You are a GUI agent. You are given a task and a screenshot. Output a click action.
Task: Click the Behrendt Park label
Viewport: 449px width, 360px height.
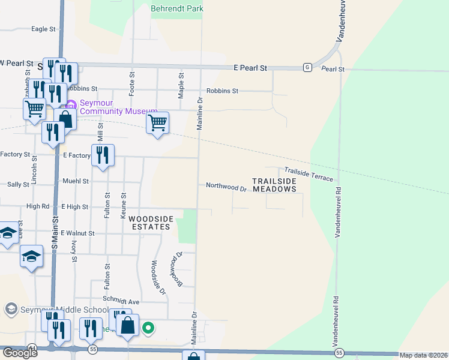coord(177,8)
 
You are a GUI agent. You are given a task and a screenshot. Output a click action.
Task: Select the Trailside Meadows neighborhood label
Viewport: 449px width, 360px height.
coord(274,185)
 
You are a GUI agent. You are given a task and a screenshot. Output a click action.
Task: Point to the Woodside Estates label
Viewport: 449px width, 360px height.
coord(151,223)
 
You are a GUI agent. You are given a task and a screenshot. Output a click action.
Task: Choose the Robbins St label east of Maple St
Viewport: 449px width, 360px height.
coord(222,91)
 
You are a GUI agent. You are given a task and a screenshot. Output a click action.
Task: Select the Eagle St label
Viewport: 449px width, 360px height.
coord(43,28)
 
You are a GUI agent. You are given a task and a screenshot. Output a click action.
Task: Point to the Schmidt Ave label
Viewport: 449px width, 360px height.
coord(121,301)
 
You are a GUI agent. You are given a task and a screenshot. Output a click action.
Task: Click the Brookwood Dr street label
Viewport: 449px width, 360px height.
coord(176,268)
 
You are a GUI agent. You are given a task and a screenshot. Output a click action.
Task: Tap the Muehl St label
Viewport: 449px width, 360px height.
coord(76,181)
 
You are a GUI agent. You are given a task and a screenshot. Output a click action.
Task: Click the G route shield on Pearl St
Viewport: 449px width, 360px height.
coord(307,67)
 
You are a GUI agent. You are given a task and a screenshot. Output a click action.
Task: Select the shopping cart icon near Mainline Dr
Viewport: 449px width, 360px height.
coord(157,122)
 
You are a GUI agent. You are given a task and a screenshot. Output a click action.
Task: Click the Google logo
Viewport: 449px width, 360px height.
coord(19,353)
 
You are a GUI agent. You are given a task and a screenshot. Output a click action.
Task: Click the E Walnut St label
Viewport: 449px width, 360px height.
coord(77,233)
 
